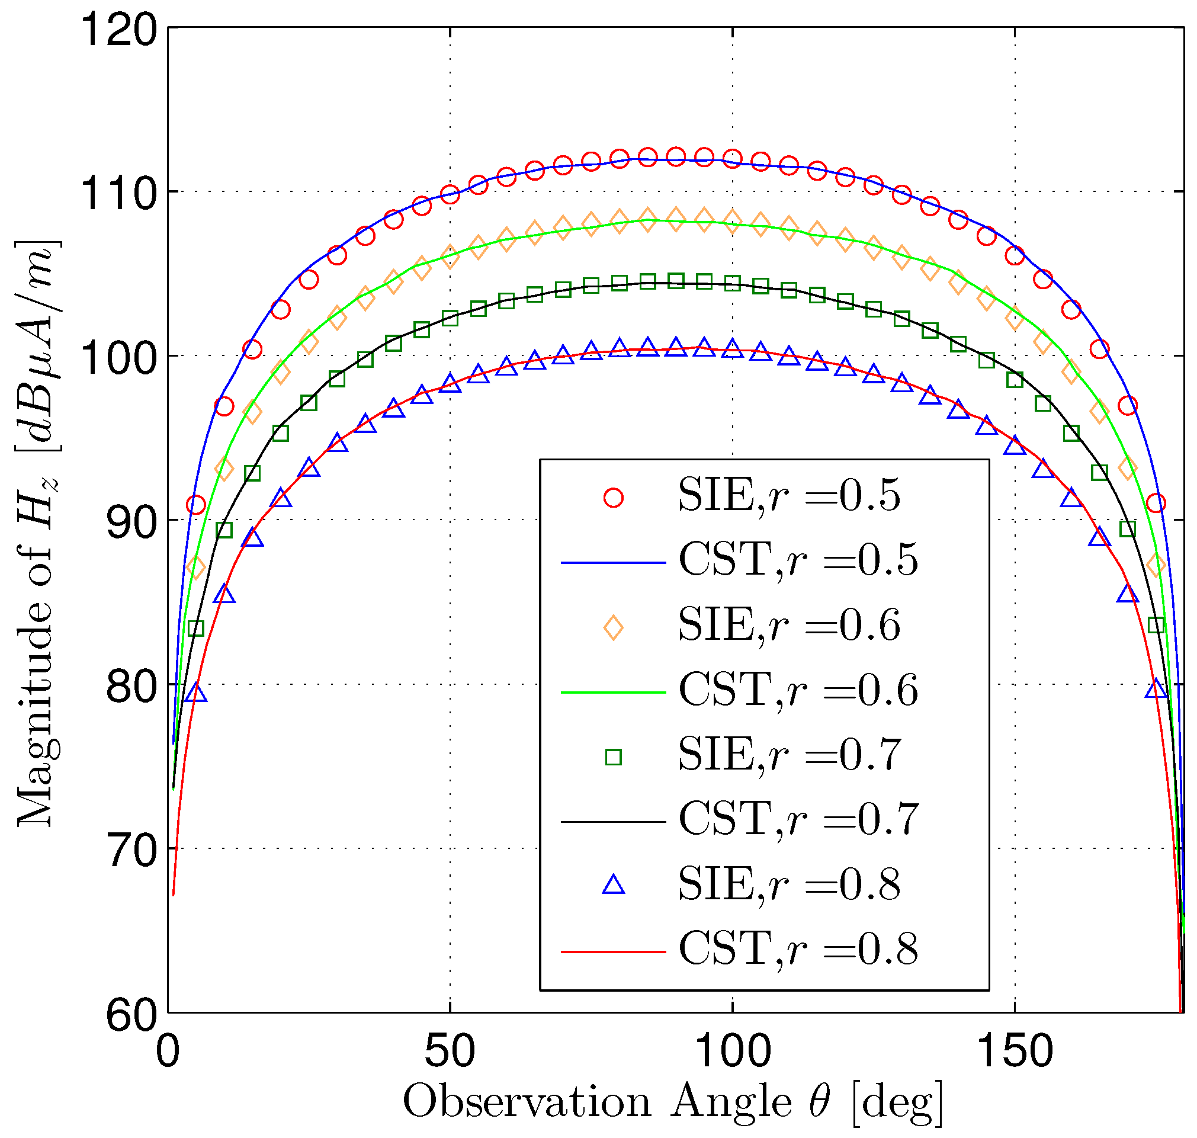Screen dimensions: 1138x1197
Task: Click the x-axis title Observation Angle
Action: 672,1101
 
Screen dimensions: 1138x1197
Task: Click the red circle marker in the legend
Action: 614,498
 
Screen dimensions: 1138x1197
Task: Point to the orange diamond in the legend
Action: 614,628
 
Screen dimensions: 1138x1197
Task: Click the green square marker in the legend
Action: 614,757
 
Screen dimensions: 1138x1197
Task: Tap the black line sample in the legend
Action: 614,821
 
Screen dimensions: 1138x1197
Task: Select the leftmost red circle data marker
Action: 196,505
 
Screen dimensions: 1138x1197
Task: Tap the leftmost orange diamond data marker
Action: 196,568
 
